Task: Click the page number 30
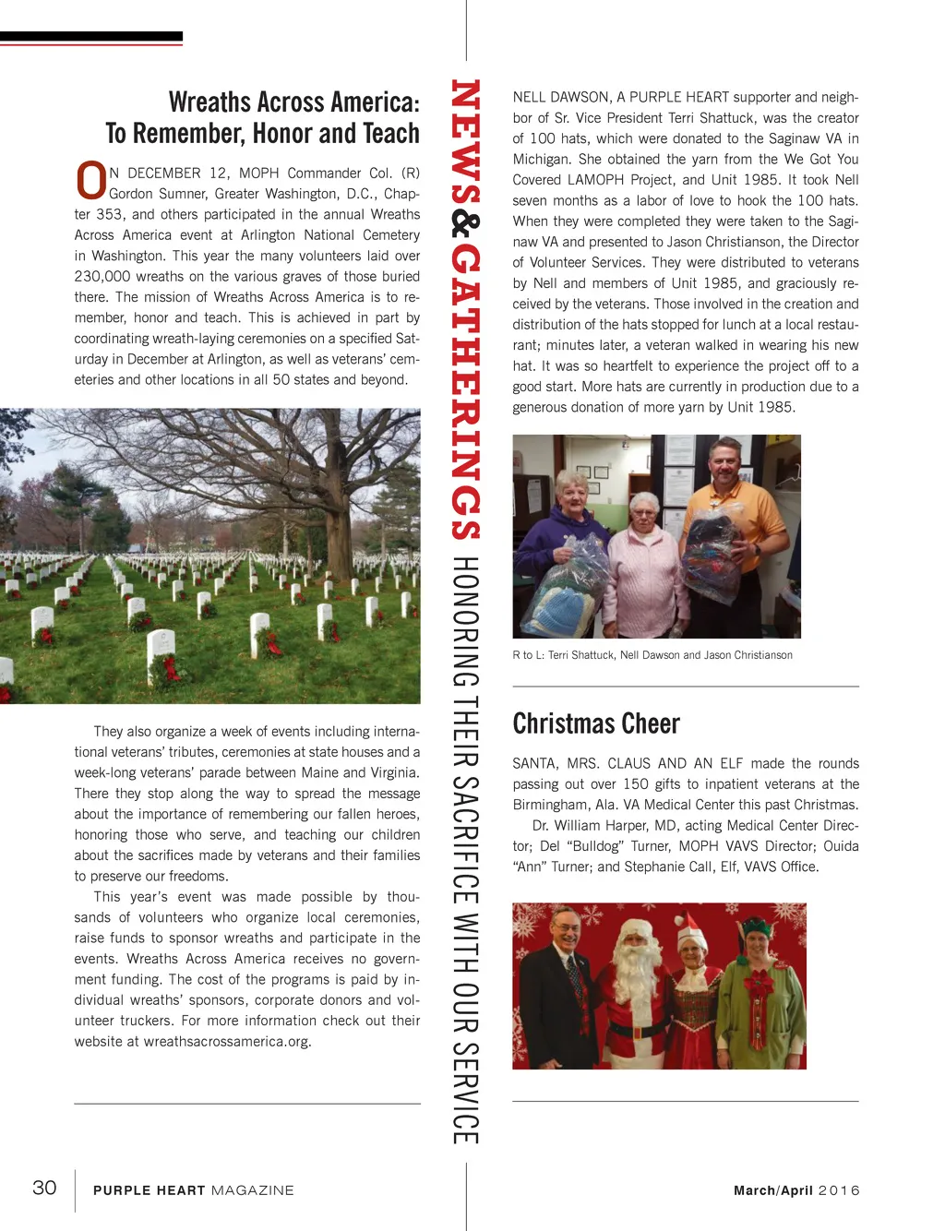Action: (x=44, y=1188)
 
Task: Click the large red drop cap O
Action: (x=90, y=181)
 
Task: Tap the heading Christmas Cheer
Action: (x=596, y=723)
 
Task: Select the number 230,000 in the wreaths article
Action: (x=102, y=276)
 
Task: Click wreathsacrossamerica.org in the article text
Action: (x=227, y=1041)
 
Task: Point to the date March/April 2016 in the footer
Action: (x=796, y=1190)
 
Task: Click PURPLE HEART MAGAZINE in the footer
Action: (x=194, y=1190)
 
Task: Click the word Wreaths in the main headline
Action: (x=209, y=102)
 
